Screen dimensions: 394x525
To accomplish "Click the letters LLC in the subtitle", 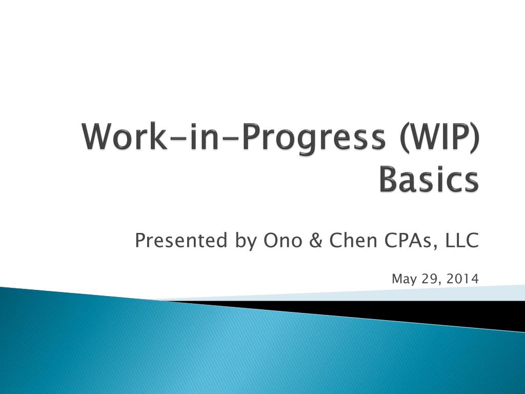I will tap(462, 240).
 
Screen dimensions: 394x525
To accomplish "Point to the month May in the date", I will tap(403, 279).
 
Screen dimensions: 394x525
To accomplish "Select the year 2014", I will tap(462, 279).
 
